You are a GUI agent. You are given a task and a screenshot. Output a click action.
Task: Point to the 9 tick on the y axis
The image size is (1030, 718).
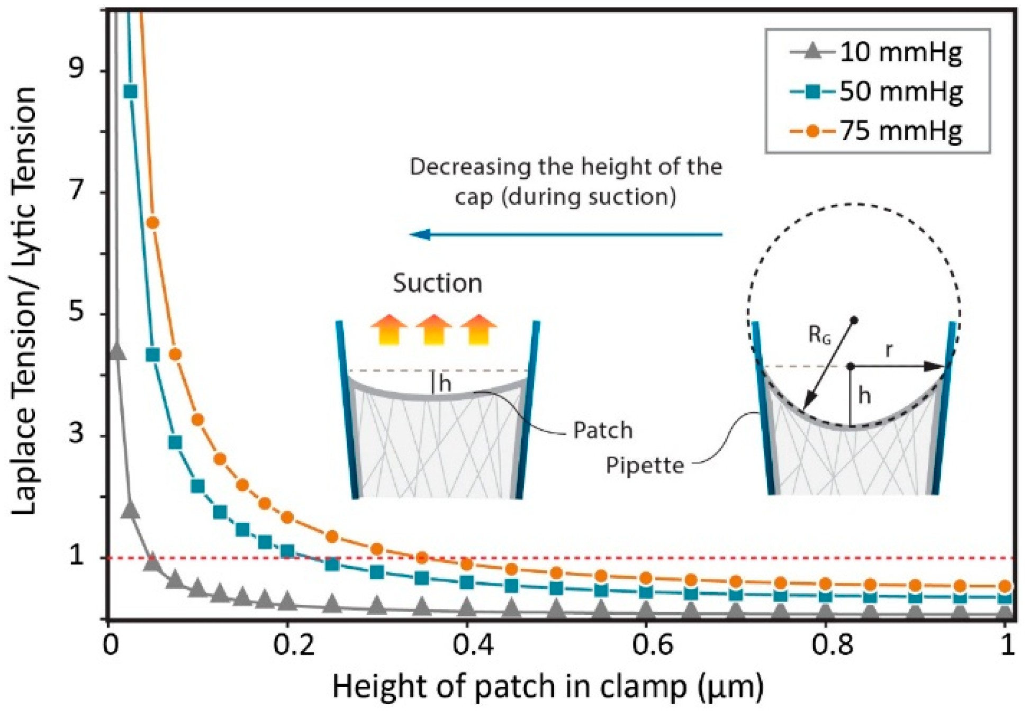click(77, 68)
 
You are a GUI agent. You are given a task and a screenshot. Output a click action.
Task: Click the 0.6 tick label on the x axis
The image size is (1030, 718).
click(645, 646)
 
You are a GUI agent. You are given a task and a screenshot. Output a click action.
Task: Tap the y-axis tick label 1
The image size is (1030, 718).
click(77, 556)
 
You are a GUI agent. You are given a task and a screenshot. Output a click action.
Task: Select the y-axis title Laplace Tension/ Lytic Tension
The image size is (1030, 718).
click(24, 302)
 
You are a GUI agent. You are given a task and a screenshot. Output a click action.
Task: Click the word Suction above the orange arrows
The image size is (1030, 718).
click(437, 284)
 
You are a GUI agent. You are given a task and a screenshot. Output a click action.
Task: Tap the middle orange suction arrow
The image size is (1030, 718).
click(434, 329)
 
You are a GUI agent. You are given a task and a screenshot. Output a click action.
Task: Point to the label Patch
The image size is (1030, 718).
click(603, 431)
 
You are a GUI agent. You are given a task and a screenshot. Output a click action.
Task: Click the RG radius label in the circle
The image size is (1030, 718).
click(820, 335)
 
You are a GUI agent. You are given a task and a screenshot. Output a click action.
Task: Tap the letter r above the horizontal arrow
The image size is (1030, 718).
click(889, 349)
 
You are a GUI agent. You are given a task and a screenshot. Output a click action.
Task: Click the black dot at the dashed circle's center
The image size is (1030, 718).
click(854, 320)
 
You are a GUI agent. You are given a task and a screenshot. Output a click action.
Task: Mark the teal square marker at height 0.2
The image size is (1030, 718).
click(287, 551)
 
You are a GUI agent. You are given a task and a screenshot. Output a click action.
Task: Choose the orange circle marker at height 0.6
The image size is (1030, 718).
click(646, 578)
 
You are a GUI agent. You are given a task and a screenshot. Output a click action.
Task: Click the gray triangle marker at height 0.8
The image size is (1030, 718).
click(825, 612)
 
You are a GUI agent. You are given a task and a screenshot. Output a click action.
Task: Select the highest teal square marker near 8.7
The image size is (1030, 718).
click(130, 92)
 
